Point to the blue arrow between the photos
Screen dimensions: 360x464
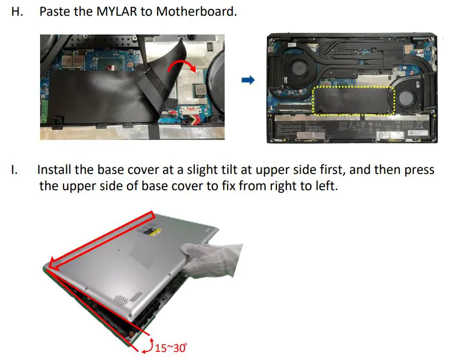coord(247,81)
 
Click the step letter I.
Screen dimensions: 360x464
coord(15,169)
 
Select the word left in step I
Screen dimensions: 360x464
coord(324,186)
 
